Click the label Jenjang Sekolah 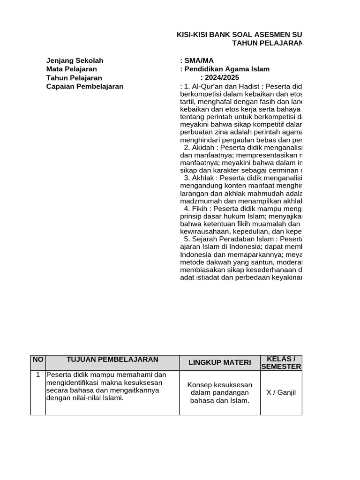[x=75, y=60]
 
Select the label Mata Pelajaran [x=72, y=69]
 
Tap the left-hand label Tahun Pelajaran [x=74, y=78]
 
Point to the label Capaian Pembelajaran [x=85, y=86]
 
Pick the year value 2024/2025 [x=219, y=78]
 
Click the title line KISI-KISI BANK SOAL [x=239, y=35]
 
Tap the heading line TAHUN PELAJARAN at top [x=267, y=43]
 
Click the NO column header [x=38, y=360]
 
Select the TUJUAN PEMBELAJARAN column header [x=112, y=360]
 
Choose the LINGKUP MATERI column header [x=220, y=362]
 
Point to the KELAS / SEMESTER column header [x=281, y=362]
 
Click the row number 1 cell [x=38, y=375]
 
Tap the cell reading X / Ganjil [x=281, y=392]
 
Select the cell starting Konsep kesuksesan [x=220, y=392]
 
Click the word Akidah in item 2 [x=201, y=147]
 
